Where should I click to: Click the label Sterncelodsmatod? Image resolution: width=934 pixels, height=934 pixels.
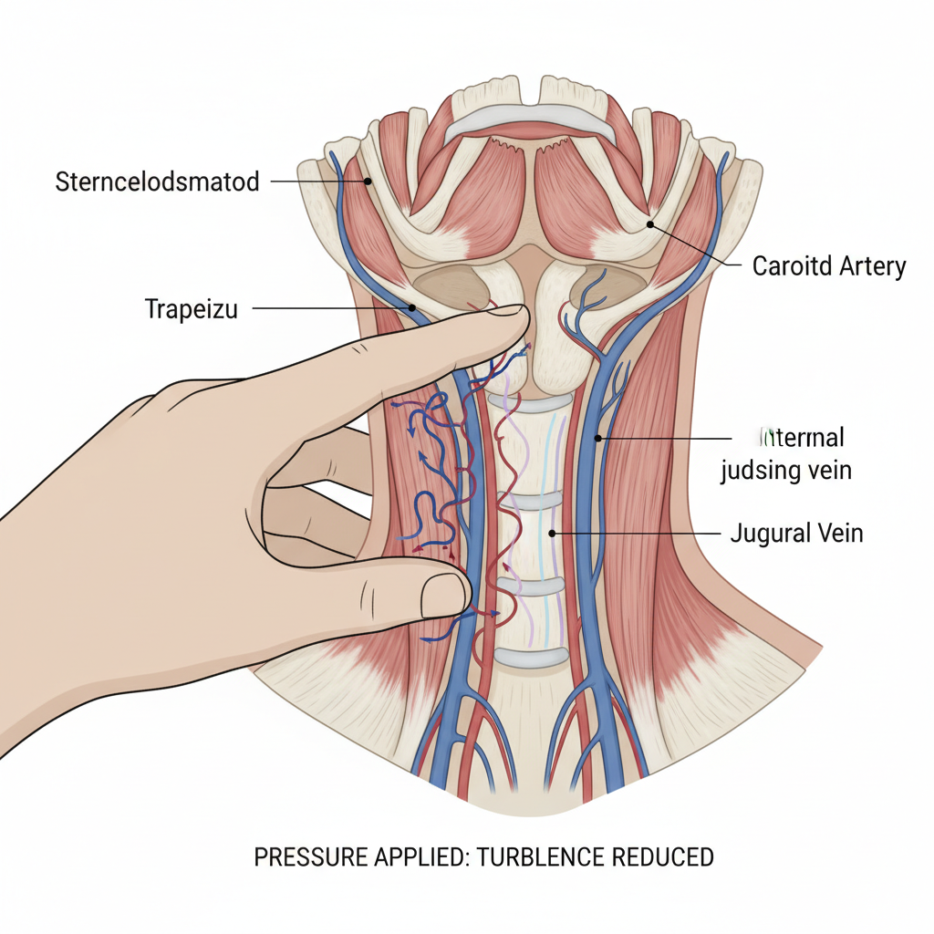[157, 181]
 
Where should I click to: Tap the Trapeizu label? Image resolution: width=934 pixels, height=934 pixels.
[191, 309]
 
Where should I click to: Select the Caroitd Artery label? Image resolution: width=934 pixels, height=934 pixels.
[829, 266]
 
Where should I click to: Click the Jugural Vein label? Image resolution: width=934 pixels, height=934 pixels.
[796, 533]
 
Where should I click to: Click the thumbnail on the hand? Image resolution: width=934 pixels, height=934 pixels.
[444, 594]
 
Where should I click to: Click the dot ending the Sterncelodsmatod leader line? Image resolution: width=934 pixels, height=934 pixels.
[368, 181]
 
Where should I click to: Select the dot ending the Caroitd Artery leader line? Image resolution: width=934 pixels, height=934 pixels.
[649, 223]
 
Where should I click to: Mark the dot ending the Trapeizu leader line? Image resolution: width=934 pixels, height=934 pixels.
[413, 308]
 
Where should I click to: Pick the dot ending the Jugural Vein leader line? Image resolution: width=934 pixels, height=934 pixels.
[553, 532]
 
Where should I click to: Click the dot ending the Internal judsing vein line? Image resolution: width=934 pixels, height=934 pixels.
[598, 438]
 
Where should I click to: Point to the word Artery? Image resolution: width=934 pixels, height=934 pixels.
[868, 266]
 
